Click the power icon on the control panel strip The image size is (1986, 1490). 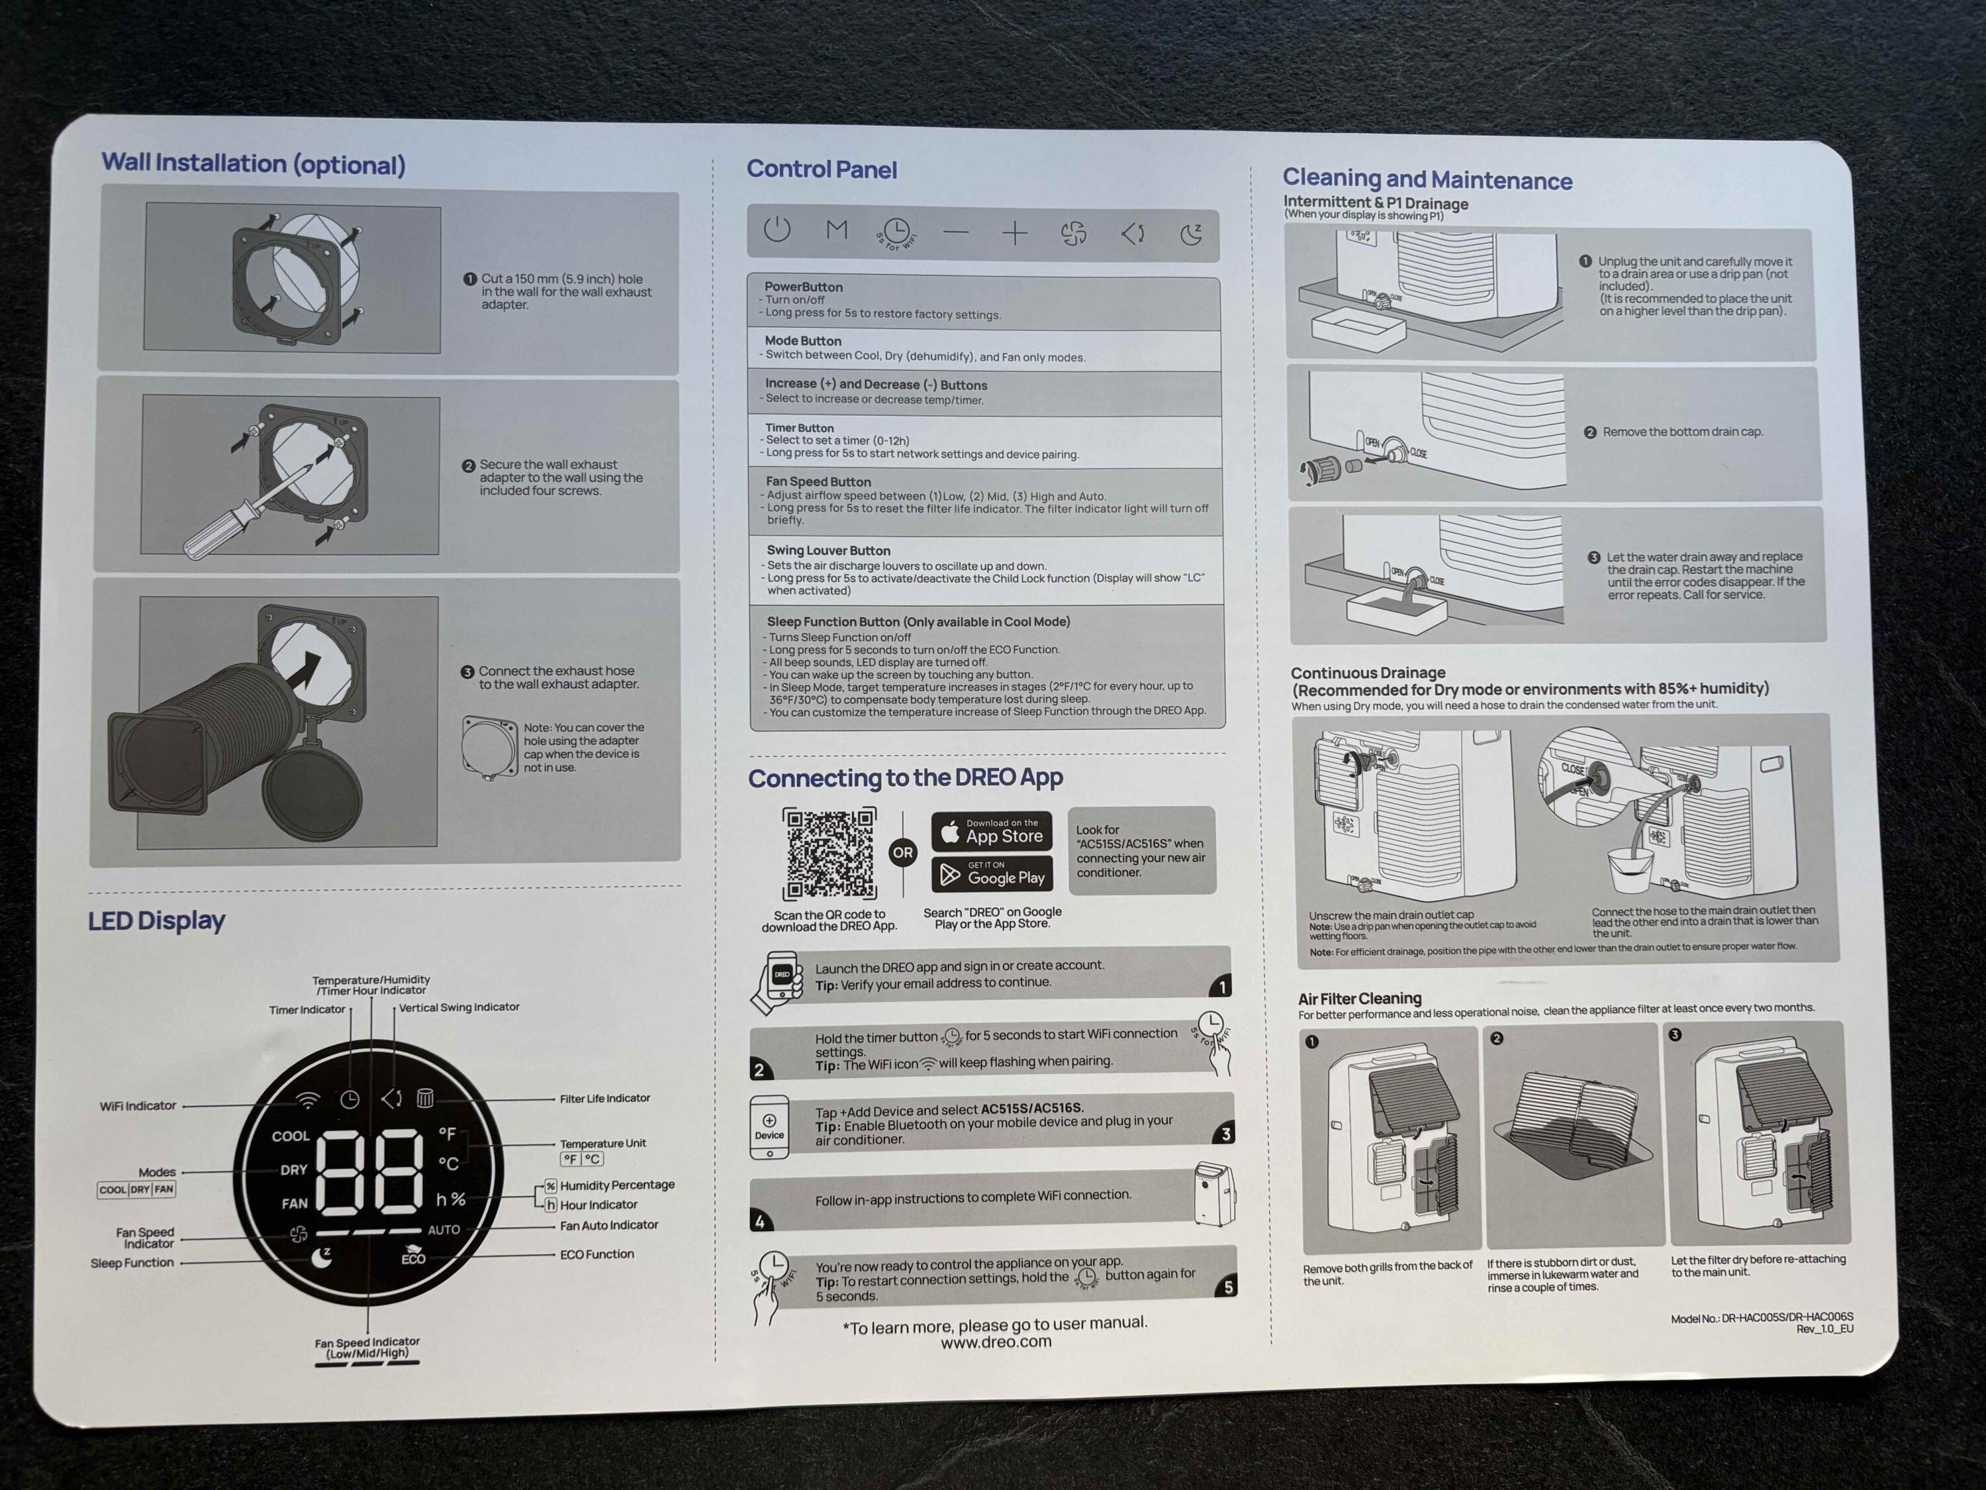[x=777, y=229]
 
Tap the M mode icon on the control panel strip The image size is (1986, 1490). [x=837, y=230]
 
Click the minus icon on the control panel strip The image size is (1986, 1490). [x=956, y=232]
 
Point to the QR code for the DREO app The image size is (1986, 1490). [x=829, y=853]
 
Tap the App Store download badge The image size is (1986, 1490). [x=991, y=832]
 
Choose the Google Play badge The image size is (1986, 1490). [x=991, y=874]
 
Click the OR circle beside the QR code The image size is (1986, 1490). [x=903, y=852]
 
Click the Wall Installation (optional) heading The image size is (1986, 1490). [x=253, y=164]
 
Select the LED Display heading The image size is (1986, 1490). [x=156, y=920]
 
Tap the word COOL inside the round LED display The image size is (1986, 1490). [x=290, y=1136]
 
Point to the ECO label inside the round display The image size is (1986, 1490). [x=413, y=1258]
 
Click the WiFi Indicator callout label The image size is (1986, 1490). [x=138, y=1106]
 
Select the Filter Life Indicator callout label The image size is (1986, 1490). [x=605, y=1099]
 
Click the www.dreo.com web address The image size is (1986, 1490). [x=996, y=1342]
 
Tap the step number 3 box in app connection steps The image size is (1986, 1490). [x=1225, y=1134]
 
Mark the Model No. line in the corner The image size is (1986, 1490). [x=1762, y=1318]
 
